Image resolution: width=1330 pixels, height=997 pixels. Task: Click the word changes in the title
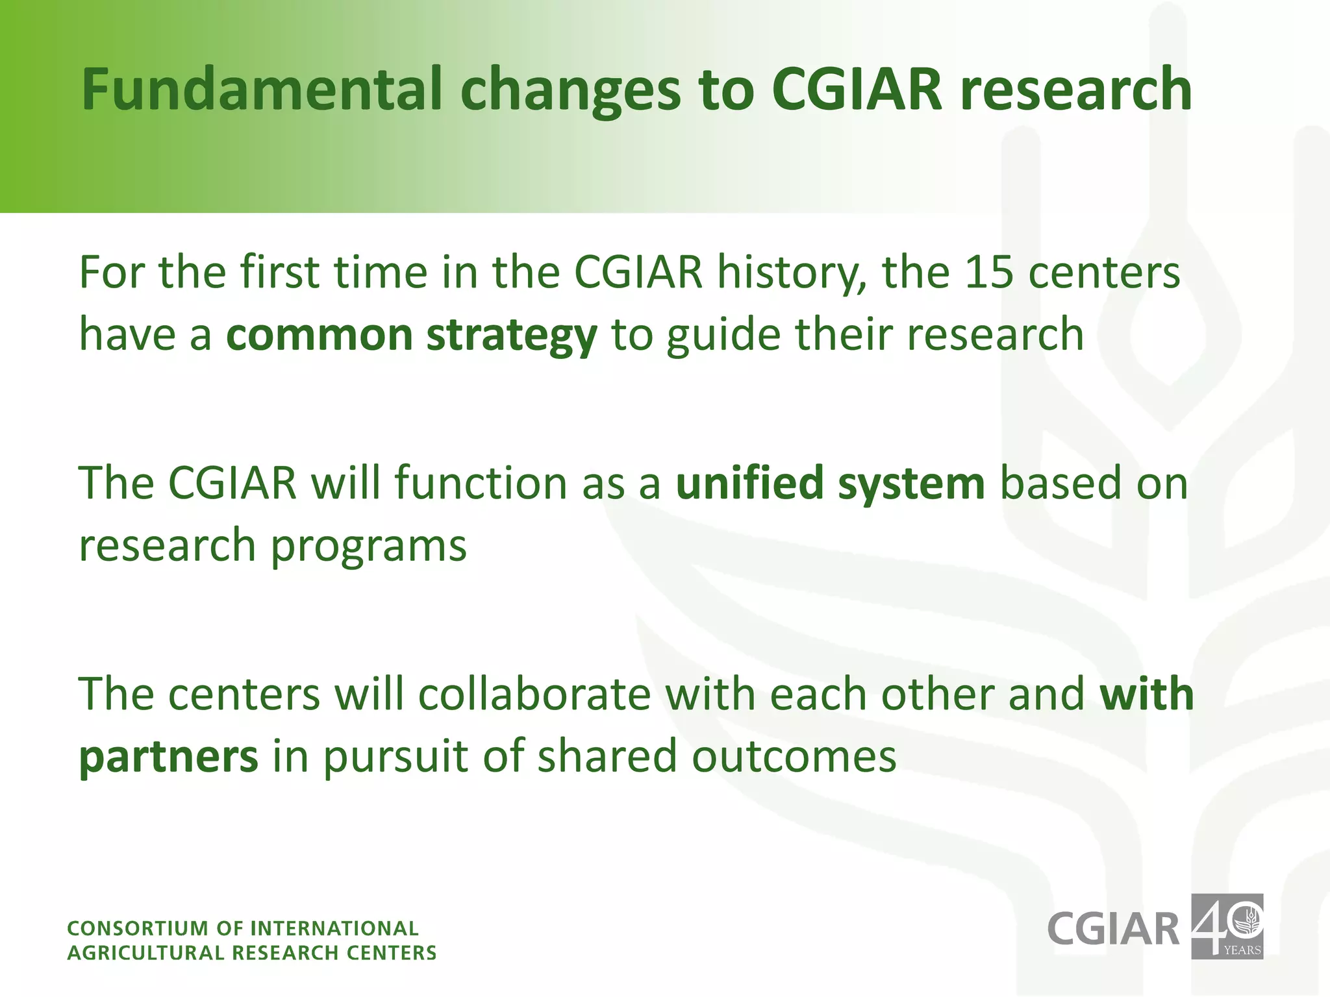571,91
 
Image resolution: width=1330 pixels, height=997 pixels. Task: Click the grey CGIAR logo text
1113,929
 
